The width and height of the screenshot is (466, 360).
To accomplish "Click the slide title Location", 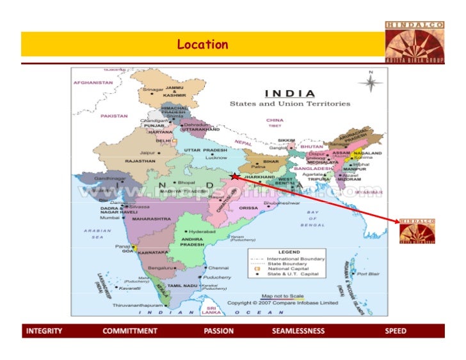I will [x=202, y=45].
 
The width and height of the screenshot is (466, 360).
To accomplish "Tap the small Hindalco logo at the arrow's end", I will [x=417, y=231].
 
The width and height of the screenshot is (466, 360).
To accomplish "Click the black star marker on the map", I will [x=235, y=176].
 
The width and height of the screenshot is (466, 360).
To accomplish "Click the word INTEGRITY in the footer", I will [x=44, y=331].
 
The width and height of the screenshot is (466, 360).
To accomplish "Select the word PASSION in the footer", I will [x=218, y=331].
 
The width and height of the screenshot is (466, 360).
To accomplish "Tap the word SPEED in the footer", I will [x=395, y=331].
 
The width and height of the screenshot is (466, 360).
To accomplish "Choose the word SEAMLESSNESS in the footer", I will [x=298, y=331].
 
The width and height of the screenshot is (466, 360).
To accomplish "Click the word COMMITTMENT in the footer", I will [x=130, y=331].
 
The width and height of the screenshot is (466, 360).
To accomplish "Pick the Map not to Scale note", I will [x=282, y=296].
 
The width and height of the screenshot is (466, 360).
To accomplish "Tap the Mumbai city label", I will [x=110, y=218].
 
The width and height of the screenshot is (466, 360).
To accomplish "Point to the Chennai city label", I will [x=218, y=267].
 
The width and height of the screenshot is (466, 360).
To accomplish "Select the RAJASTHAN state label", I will [x=140, y=161].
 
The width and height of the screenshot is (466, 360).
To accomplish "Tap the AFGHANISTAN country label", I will [x=93, y=82].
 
